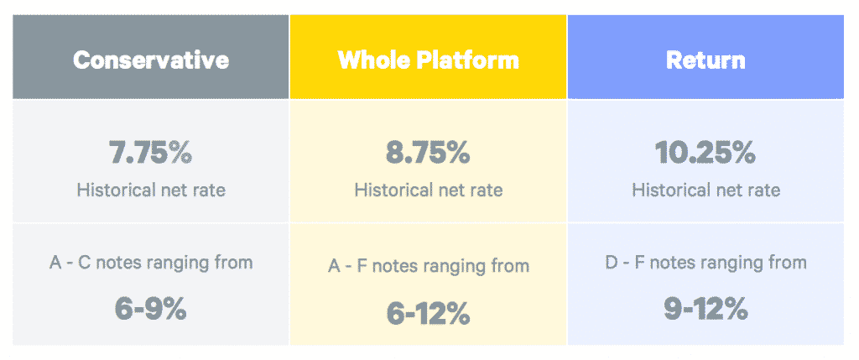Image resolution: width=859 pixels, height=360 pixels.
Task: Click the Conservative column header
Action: [x=151, y=60]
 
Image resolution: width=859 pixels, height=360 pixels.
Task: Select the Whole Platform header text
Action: [x=428, y=60]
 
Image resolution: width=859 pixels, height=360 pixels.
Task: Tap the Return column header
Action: [x=705, y=60]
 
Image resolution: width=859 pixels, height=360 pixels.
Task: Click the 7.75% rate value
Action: [x=151, y=154]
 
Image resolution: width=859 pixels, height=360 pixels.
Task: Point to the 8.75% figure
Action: [x=428, y=154]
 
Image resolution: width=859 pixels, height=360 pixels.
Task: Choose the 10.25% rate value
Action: [x=705, y=154]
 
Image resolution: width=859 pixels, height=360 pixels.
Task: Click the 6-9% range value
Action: [x=151, y=310]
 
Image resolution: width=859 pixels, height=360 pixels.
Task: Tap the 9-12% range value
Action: [x=705, y=310]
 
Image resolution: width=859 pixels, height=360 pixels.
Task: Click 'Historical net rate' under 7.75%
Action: [x=151, y=190]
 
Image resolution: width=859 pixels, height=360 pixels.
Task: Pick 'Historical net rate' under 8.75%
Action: [x=428, y=190]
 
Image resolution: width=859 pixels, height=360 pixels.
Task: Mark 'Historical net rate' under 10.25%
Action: [x=705, y=190]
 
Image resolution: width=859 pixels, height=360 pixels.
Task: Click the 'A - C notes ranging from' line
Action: [x=151, y=263]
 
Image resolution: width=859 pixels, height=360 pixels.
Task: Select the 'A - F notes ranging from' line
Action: [x=428, y=266]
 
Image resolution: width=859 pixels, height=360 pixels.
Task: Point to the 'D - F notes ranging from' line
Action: [x=705, y=263]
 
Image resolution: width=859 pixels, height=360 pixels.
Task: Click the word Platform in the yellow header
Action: [x=467, y=60]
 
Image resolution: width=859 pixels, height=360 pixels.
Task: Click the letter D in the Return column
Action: [x=612, y=262]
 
